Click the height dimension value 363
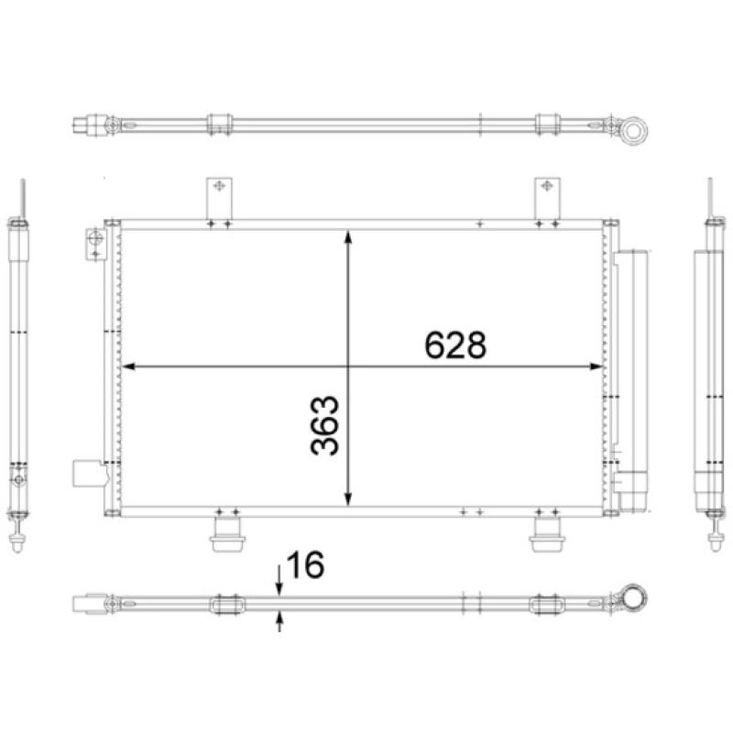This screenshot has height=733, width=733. (325, 426)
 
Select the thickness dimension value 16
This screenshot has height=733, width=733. (304, 565)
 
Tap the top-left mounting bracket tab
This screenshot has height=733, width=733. (219, 194)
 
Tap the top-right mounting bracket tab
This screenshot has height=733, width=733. (547, 194)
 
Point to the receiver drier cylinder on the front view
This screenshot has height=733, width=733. (632, 366)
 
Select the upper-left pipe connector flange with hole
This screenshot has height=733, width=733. (94, 242)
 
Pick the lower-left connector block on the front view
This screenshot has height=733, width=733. (85, 475)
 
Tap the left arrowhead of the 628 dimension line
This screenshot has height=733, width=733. (128, 366)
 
